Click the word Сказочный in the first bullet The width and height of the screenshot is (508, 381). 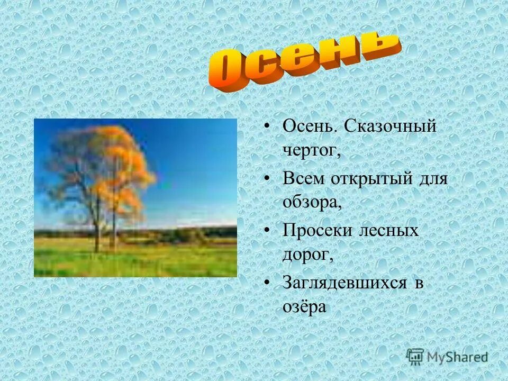coord(391,126)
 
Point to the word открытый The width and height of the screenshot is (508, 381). coord(371,178)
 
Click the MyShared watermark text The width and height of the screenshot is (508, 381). coord(457,357)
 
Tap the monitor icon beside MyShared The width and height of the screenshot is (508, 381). coord(415,356)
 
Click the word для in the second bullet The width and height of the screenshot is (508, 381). coord(433,178)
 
